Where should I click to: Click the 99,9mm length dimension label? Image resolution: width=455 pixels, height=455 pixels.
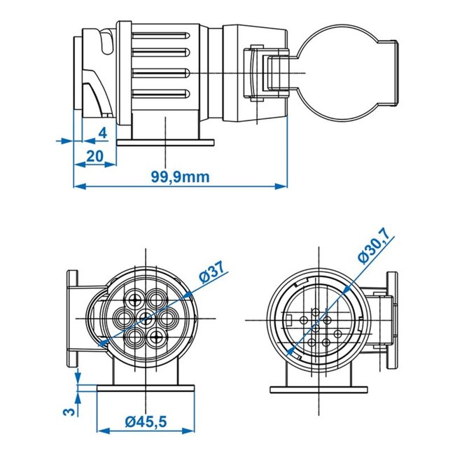(180, 176)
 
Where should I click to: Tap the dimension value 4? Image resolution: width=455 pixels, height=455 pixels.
(102, 132)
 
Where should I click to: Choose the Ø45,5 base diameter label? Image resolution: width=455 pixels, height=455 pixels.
(148, 422)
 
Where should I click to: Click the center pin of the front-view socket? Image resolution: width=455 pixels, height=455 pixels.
(146, 320)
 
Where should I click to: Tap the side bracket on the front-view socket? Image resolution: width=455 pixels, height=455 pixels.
(72, 319)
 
